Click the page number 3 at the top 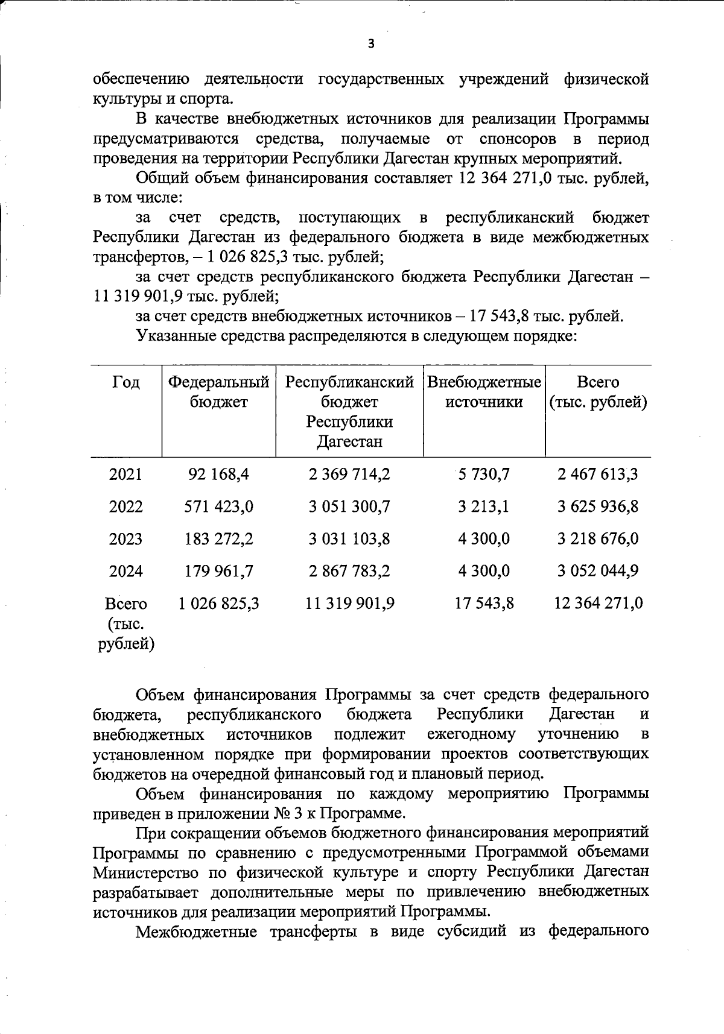(370, 43)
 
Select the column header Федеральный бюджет (218, 392)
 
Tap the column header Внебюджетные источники (484, 392)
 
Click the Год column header (125, 382)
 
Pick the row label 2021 (125, 474)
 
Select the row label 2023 (125, 538)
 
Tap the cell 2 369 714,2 (349, 474)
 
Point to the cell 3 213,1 (483, 506)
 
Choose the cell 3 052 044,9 (597, 570)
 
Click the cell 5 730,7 (483, 474)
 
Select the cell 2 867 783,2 (349, 570)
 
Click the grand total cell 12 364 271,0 (598, 603)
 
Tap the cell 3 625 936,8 (597, 506)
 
